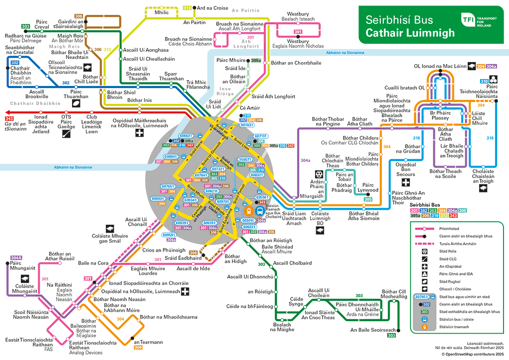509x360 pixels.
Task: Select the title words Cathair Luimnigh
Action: point(410,33)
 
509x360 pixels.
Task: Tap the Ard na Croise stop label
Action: point(213,8)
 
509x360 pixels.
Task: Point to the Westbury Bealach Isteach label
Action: point(298,17)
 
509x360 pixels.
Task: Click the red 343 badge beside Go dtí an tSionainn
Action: point(9,118)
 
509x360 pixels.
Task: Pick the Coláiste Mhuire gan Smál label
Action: point(110,238)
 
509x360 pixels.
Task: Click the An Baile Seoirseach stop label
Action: point(373,330)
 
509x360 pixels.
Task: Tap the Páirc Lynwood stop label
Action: point(368,187)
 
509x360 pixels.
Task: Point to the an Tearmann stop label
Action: point(148,342)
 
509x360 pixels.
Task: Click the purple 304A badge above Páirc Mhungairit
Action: point(16,258)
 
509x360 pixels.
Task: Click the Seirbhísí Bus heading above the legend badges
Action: point(425,204)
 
